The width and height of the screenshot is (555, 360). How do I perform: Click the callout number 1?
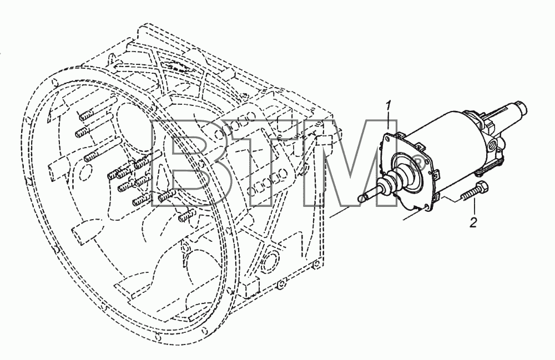(389, 107)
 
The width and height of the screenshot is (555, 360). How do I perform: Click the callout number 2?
(473, 222)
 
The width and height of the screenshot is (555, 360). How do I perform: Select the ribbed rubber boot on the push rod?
(392, 180)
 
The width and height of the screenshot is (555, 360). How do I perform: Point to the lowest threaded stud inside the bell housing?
(186, 215)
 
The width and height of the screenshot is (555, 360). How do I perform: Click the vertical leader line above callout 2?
(474, 207)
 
